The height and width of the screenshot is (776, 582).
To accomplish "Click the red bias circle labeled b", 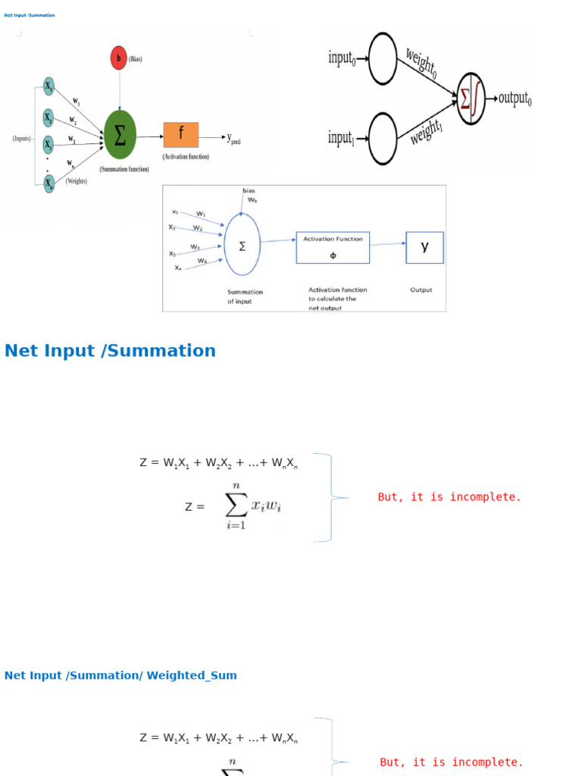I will coord(119,58).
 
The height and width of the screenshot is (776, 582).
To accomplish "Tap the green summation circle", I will coord(119,135).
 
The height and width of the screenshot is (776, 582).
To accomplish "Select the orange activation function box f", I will coord(181,135).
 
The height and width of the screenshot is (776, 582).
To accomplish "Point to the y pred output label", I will coord(233,138).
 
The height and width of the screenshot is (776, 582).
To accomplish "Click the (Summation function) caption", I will coord(124,170).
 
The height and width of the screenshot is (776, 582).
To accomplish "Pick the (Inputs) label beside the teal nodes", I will coord(22,139).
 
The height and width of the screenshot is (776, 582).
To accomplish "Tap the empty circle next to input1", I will coord(383,139).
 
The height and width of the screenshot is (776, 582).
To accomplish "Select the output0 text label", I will coord(515,99).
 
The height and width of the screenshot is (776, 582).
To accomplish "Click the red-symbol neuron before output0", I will coord(471,99).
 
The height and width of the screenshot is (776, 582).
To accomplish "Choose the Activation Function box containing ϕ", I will coord(333,247).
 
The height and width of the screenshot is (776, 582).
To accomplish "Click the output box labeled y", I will coord(424,247).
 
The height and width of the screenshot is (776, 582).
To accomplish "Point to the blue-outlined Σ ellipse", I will coord(242,245).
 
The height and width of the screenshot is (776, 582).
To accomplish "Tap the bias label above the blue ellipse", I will coord(249,190).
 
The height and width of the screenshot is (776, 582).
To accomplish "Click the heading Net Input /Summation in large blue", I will coord(110,350).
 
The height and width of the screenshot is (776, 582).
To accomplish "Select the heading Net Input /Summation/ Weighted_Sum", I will coord(120,675).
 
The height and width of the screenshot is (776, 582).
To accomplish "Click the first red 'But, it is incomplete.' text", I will coord(449,497).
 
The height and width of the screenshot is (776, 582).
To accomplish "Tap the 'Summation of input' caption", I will coord(245,296).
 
